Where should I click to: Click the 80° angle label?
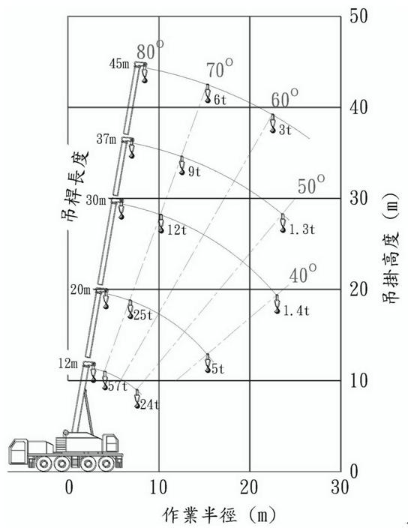coord(150,50)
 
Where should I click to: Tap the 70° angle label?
coord(220,68)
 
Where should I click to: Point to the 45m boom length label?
coord(119,64)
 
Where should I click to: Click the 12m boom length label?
coord(68,364)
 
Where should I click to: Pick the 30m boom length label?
coord(96,200)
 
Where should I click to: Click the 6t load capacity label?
coord(220,100)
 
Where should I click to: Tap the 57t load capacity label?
coord(117,386)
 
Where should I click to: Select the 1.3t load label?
coord(301,229)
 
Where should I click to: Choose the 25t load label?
coord(143,315)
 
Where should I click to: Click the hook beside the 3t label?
coord(272,123)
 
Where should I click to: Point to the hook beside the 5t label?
coord(208,363)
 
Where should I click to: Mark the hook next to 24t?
coord(137,398)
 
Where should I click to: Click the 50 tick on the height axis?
coord(358,16)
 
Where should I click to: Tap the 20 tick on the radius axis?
coord(249,487)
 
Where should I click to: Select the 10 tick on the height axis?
coord(358,381)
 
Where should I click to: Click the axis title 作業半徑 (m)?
coord(220,515)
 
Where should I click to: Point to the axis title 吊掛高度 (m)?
coord(391,248)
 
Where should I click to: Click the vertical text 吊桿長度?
coord(75,185)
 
